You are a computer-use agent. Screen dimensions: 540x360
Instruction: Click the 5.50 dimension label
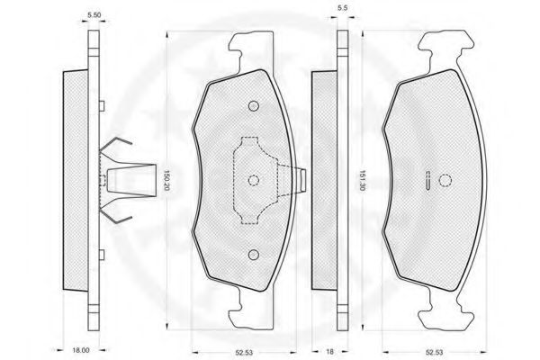(x=94, y=15)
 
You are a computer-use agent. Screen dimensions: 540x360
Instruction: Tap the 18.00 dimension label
(x=81, y=350)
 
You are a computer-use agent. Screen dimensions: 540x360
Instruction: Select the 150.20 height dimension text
(x=166, y=181)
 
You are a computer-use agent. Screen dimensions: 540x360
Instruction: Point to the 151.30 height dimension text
(x=361, y=181)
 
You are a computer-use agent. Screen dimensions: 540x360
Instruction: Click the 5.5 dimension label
(x=342, y=8)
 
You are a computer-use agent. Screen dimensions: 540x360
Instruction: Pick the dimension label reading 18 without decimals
(x=329, y=352)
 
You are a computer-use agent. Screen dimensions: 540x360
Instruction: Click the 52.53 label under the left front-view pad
(x=244, y=353)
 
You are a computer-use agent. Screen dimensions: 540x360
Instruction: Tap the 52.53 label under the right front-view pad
(x=434, y=353)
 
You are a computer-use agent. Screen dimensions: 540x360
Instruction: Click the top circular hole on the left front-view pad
(x=254, y=106)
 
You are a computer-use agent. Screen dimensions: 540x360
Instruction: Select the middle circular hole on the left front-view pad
(x=254, y=180)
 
